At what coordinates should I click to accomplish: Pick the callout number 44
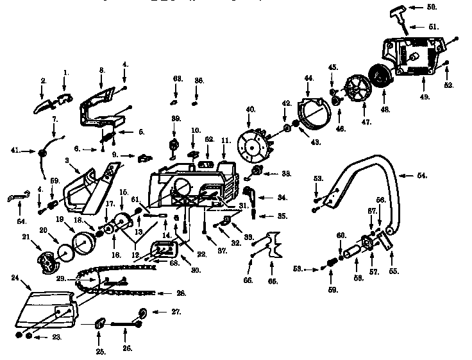308,78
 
